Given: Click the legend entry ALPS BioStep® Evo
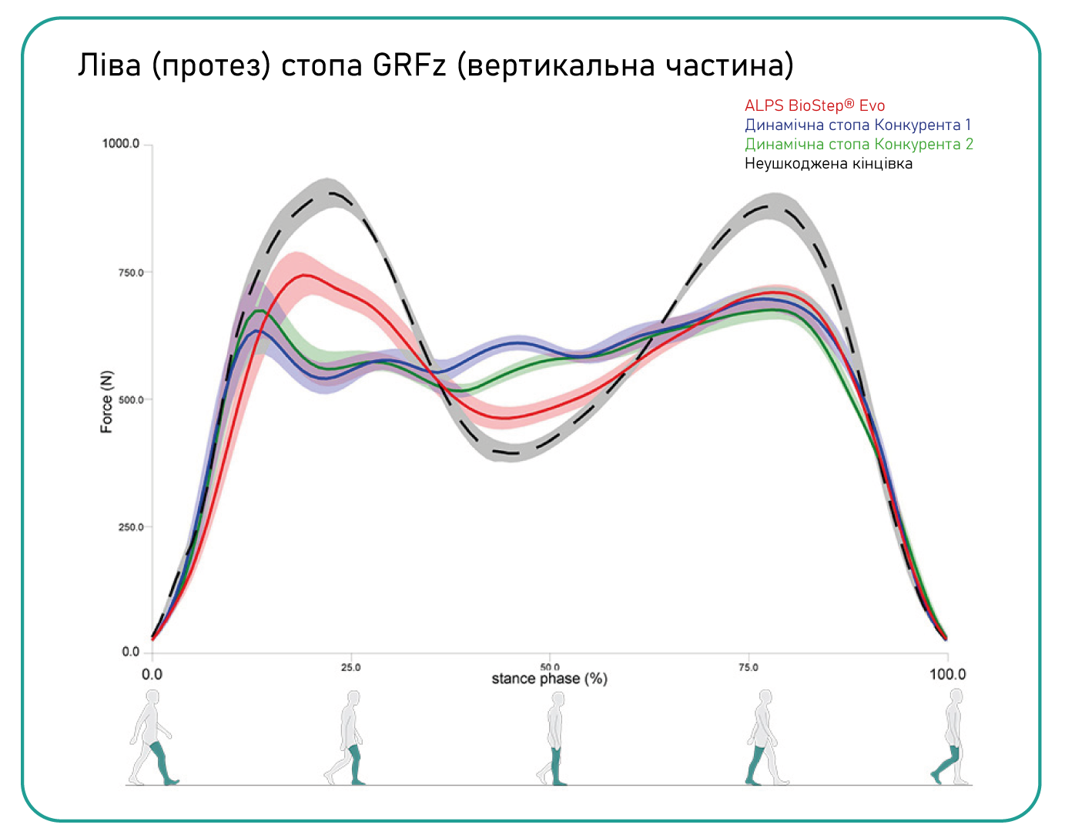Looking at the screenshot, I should [814, 106].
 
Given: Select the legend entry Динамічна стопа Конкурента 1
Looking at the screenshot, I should [857, 125].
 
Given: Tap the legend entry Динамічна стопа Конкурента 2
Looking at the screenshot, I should [859, 144].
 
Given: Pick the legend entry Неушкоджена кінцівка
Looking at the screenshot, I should [828, 163].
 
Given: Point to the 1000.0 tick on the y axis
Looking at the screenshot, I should [121, 144].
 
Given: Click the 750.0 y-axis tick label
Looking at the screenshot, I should [129, 272].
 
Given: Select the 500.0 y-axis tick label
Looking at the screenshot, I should [129, 400].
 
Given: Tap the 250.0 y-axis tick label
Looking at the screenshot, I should [129, 527].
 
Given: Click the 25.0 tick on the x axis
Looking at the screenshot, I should [350, 667].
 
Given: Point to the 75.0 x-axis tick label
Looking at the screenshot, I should [748, 667].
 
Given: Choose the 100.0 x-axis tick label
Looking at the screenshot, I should [947, 674].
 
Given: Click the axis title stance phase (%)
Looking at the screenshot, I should [549, 679].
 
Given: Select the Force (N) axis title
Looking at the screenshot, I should [107, 402].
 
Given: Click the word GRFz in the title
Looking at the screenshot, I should [409, 65].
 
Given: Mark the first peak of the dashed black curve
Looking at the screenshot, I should [331, 192].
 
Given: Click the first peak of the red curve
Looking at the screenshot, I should [306, 275].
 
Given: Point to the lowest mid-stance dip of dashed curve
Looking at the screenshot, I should [512, 453].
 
